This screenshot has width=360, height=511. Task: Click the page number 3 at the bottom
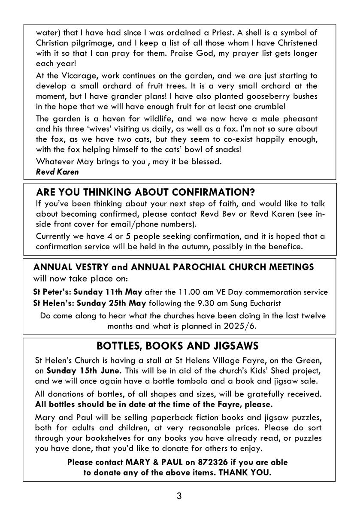(179, 496)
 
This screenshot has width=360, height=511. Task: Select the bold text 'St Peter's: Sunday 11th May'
(88, 292)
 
